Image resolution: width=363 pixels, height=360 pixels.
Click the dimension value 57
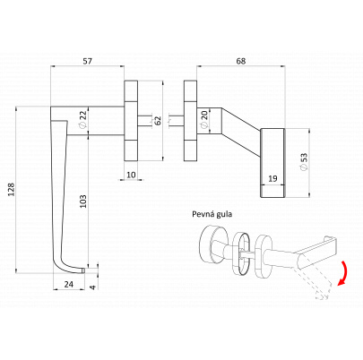(x=87, y=61)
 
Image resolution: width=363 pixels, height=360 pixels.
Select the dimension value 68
(x=241, y=61)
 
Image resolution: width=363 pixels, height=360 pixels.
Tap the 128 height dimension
(x=11, y=190)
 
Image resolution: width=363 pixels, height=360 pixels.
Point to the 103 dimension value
(x=83, y=201)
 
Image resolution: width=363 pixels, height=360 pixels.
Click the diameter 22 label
(x=82, y=119)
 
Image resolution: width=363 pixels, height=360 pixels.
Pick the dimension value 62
(x=157, y=120)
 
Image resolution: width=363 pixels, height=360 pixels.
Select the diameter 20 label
(x=204, y=119)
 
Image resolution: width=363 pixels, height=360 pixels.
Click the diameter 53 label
(x=304, y=162)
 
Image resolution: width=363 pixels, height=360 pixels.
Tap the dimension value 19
(x=272, y=179)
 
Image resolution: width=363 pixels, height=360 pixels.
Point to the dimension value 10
(x=131, y=175)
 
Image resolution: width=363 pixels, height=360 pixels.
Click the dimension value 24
(x=69, y=284)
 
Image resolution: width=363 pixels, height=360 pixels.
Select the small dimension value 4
(x=93, y=287)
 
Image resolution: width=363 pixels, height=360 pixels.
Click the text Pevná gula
(x=212, y=214)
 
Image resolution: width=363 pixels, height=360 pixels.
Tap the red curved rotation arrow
(x=344, y=273)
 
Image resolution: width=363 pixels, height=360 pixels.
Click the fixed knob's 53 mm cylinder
(x=273, y=163)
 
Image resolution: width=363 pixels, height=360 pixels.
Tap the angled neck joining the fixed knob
(x=241, y=132)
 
